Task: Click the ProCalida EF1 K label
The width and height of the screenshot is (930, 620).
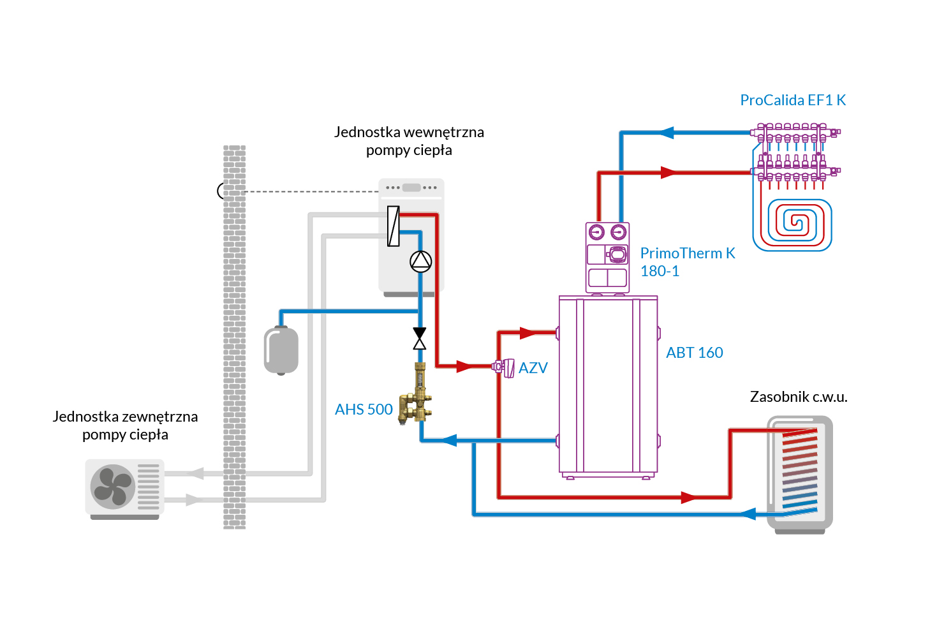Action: point(792,100)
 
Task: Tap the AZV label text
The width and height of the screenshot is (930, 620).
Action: point(533,368)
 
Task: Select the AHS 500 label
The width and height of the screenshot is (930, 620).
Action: point(364,410)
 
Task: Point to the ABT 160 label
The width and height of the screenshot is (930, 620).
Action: point(694,353)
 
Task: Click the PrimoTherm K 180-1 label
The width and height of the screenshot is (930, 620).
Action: point(687,262)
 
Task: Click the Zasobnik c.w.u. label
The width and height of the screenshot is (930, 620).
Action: point(798,397)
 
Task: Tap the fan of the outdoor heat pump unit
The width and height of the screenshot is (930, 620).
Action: point(113,486)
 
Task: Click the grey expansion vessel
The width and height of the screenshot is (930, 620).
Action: point(281,350)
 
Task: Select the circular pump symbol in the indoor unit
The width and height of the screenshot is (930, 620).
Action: point(420,261)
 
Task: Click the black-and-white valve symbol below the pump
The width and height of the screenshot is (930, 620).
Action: point(419,339)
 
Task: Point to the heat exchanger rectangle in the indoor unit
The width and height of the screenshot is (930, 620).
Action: point(394,226)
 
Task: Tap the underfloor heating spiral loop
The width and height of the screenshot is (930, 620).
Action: point(792,224)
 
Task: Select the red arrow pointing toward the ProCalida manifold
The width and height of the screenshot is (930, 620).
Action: point(668,172)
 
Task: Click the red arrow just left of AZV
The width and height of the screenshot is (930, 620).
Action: point(464,367)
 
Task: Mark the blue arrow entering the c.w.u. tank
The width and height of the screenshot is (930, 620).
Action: point(747,514)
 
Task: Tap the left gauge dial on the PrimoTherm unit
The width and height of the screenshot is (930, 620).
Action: point(596,232)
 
